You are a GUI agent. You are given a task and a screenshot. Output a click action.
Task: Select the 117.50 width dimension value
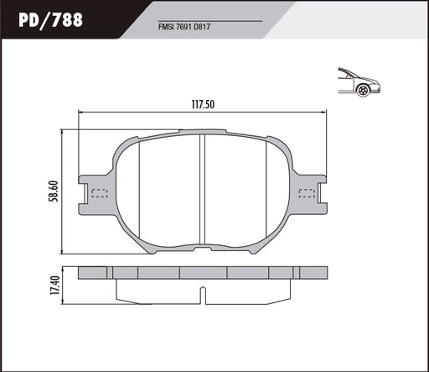pos(204,105)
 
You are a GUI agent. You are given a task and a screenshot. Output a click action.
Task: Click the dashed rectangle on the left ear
pos(99,194)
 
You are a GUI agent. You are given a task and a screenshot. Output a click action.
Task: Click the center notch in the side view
pos(202,294)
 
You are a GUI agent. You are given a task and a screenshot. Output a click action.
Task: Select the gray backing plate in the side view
pos(203,273)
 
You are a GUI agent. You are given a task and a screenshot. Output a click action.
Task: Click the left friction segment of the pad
pos(168,188)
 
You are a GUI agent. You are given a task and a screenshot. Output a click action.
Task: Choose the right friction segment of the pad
pos(239,188)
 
